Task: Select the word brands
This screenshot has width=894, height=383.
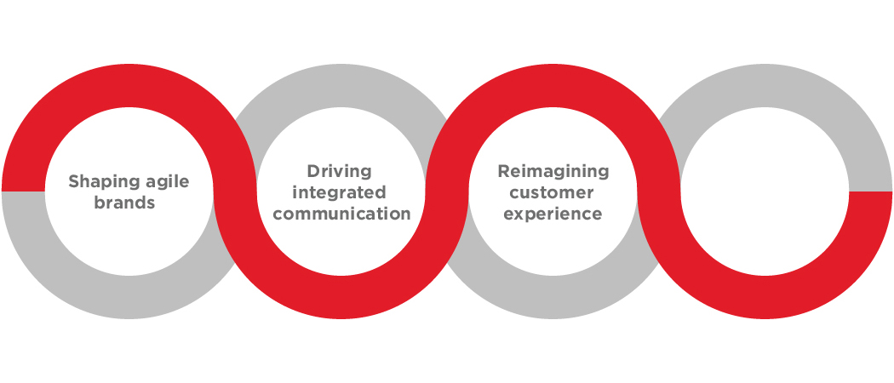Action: (124, 203)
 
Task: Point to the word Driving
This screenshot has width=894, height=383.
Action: (339, 172)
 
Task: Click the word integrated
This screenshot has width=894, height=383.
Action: (339, 192)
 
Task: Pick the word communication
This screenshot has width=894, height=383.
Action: (346, 214)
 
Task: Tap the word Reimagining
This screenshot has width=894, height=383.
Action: (553, 172)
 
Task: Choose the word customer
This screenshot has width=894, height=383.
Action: (552, 192)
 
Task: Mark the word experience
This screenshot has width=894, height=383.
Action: (553, 214)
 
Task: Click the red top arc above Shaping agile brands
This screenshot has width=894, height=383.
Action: (129, 85)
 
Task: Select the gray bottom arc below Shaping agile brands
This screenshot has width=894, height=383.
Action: (129, 298)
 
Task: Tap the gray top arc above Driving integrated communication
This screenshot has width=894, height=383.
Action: (341, 85)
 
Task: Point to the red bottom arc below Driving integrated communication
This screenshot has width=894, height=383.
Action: (341, 298)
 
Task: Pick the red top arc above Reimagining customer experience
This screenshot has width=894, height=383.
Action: (553, 85)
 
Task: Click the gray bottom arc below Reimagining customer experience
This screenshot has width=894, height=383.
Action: (553, 298)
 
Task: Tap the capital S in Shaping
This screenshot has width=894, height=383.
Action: (73, 181)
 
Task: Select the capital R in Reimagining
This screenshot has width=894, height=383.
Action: (503, 171)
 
